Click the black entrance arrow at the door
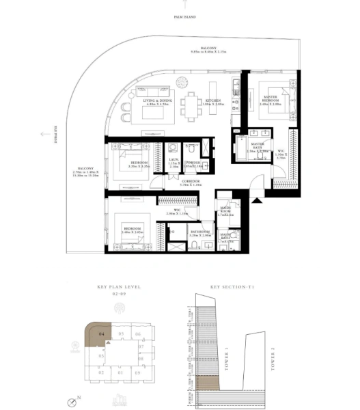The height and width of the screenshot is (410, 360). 257,200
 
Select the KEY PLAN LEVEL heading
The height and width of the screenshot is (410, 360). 119,288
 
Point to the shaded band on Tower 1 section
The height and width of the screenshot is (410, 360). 205,382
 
